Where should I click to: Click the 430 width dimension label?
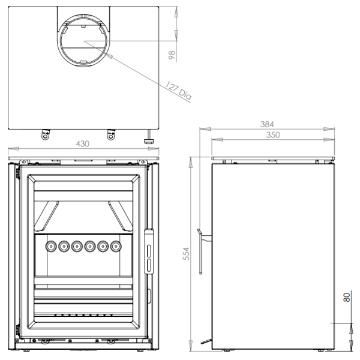[82, 144]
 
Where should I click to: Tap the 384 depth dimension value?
[267, 124]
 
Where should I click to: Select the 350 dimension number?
[273, 135]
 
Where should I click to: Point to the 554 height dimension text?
[186, 254]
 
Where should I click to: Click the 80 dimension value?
[347, 297]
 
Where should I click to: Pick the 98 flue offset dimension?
[172, 55]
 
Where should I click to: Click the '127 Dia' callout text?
[178, 91]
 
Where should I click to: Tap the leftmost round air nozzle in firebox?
[51, 247]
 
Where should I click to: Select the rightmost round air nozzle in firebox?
[116, 247]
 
